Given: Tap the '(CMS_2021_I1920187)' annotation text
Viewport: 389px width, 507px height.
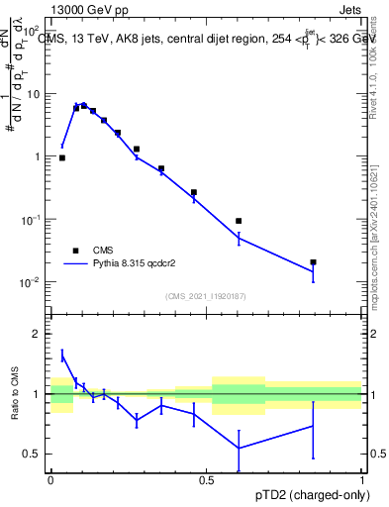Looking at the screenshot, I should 206,295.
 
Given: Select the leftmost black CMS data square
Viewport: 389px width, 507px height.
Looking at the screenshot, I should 62,157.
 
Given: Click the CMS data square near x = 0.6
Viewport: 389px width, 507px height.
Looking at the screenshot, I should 239,221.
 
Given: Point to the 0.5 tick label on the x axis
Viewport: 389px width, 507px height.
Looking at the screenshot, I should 206,478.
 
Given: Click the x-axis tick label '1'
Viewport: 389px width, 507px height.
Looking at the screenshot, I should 362,478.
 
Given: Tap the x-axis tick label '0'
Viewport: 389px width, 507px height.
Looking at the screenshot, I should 50,478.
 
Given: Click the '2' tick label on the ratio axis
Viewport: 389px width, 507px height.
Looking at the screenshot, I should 38,334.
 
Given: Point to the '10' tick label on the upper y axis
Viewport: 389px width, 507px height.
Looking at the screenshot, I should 34,93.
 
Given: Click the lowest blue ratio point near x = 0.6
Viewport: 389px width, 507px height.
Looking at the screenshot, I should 239,448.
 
